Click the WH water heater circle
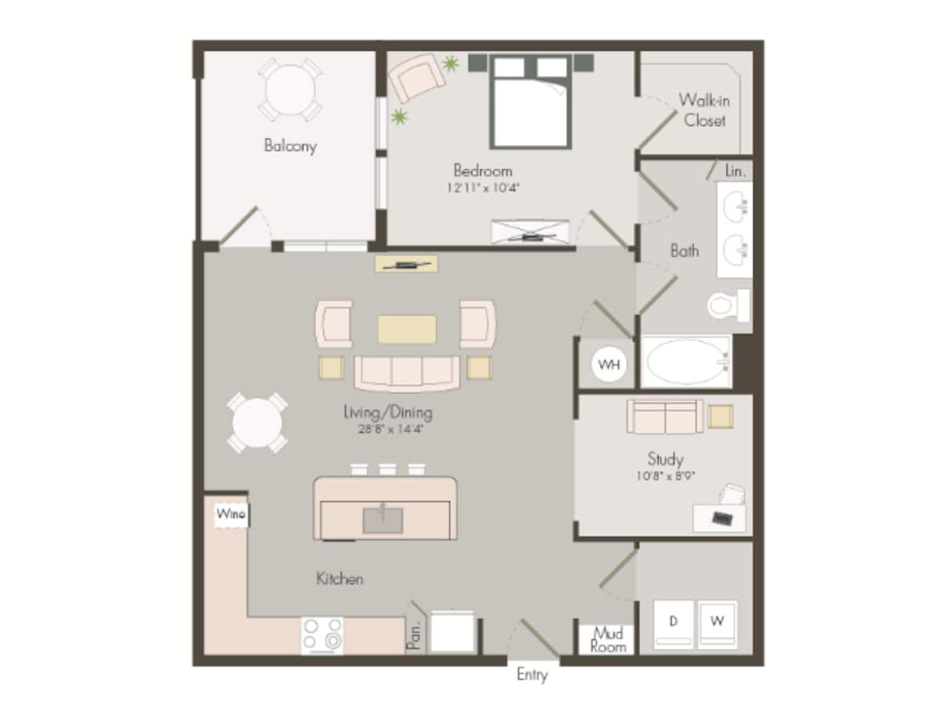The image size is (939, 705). (609, 364)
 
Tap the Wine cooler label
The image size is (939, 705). (231, 515)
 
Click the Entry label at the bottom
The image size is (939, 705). (532, 674)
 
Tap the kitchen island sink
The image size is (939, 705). (383, 519)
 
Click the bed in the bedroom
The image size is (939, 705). (529, 102)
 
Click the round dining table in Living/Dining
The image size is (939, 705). (257, 423)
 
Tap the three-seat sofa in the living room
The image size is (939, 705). (407, 372)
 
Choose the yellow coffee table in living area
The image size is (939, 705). (407, 329)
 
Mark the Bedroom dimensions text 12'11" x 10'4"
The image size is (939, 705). (484, 188)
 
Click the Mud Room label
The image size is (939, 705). (608, 639)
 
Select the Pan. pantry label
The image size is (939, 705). (415, 635)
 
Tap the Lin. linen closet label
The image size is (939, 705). (735, 170)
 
